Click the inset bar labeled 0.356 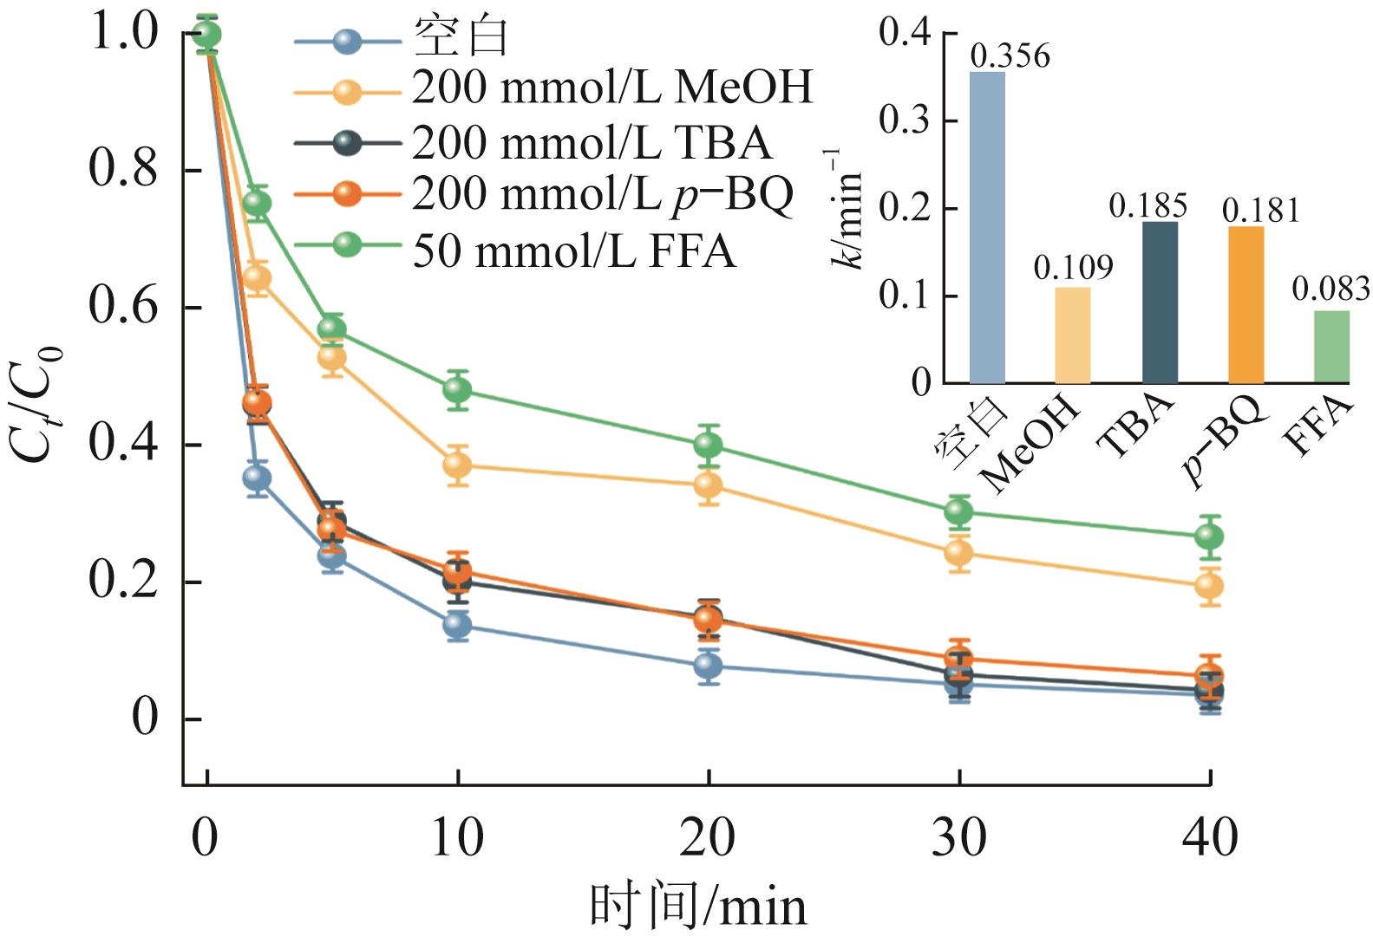point(987,227)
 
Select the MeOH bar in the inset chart point(1073,335)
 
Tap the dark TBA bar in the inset point(1160,302)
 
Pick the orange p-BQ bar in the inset point(1246,303)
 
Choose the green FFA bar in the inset point(1331,347)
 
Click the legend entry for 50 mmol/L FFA point(573,251)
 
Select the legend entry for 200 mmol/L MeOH point(612,87)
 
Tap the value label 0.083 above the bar point(1331,289)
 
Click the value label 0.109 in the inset point(1073,268)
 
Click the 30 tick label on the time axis point(958,838)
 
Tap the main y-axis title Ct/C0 point(35,403)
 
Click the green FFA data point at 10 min point(457,390)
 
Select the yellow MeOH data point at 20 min point(708,485)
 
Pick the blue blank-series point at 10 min point(457,625)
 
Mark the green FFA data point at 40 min point(1209,537)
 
